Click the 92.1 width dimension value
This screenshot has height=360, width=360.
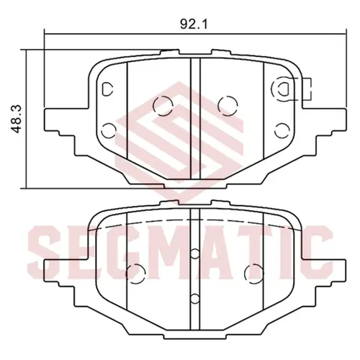194,24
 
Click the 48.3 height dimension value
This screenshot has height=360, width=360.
17,119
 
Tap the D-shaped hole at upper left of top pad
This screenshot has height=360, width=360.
107,89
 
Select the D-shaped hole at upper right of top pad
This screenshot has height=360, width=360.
284,89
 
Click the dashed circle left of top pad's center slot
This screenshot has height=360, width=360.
163,106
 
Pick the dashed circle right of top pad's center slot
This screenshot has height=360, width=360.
228,106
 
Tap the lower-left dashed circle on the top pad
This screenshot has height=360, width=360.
109,130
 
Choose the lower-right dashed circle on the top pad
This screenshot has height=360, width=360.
282,130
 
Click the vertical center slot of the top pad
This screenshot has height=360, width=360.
195,119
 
